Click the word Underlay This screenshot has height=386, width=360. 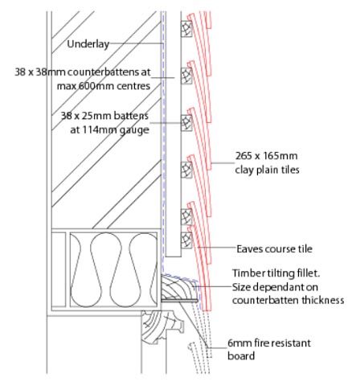pos(88,44)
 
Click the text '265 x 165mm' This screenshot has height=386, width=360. pos(266,156)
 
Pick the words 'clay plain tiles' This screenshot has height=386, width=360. pos(267,170)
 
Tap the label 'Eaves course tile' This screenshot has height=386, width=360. pos(274,248)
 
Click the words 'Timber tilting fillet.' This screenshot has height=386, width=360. pos(276,273)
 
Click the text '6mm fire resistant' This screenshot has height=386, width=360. pos(269,343)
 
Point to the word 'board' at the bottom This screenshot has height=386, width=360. pos(241,356)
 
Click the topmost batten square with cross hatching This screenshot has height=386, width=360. pos(186,29)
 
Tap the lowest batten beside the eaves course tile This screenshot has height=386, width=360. pos(186,240)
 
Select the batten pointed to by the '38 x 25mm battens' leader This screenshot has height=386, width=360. pos(186,123)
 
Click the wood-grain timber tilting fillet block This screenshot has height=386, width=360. pos(180,287)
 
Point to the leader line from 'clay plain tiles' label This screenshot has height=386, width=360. pos(223,163)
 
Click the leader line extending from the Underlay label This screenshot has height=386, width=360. pos(136,43)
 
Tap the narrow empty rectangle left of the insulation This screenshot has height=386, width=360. pos(59,269)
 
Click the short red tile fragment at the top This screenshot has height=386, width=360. pos(208,19)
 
